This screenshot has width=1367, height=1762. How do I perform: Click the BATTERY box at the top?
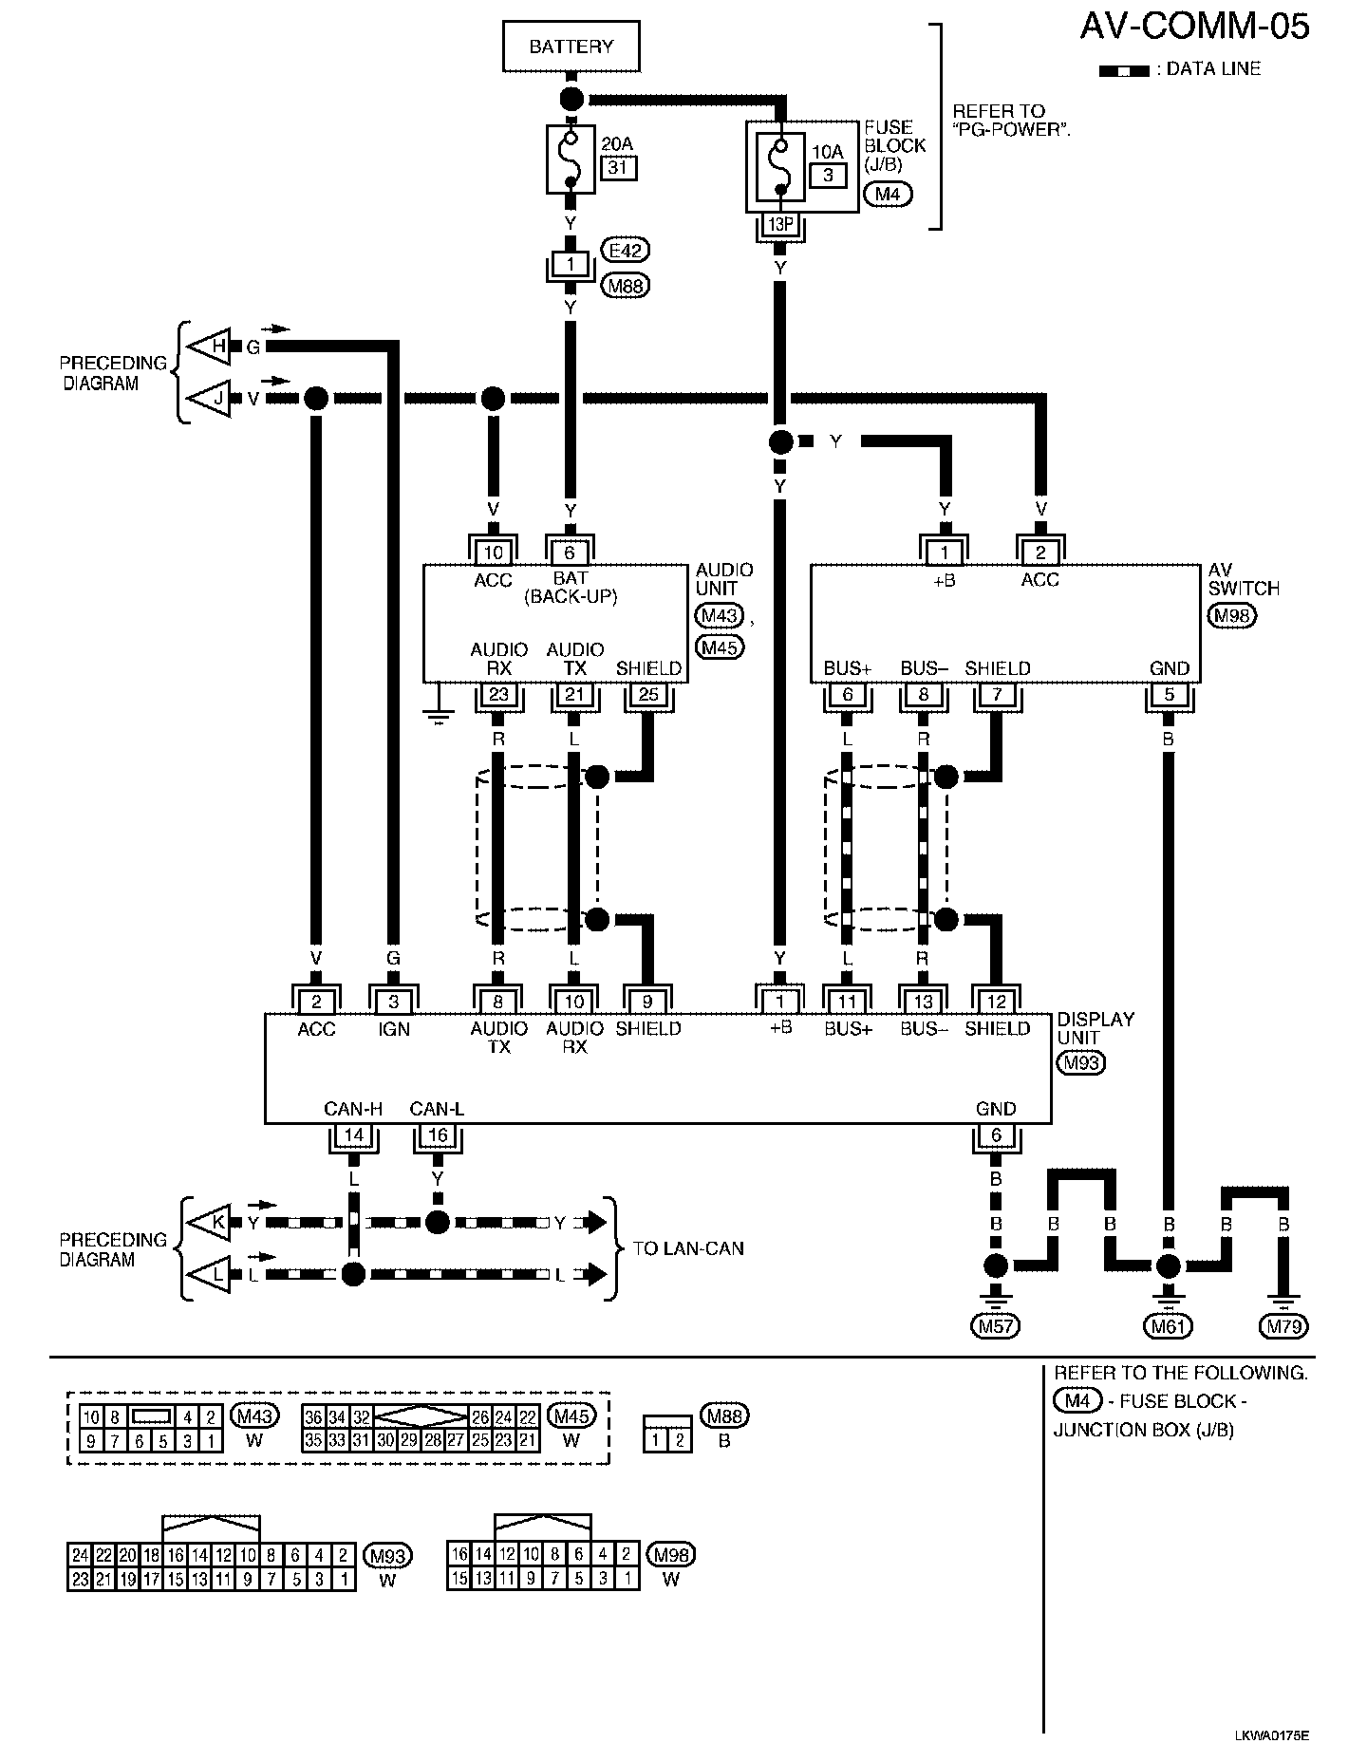571,47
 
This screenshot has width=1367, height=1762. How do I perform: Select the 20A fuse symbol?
571,159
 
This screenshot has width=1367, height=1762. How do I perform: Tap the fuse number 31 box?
619,168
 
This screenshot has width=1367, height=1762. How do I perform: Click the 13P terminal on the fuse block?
779,225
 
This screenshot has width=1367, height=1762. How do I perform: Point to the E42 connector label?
626,251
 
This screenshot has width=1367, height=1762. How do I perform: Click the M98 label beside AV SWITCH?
1232,616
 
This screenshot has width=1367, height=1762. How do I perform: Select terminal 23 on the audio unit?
498,695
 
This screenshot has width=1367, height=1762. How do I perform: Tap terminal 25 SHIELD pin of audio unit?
648,695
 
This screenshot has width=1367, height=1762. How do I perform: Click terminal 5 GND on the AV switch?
1169,695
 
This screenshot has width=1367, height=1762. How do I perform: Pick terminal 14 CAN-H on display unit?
353,1135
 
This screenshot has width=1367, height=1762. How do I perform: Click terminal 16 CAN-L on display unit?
438,1135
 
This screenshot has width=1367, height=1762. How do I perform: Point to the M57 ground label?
996,1326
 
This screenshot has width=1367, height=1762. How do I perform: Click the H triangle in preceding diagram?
213,347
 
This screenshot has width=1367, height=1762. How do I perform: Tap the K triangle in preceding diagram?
213,1223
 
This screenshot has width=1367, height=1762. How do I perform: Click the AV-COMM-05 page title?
1194,27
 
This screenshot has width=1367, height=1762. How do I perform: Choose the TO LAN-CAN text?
688,1248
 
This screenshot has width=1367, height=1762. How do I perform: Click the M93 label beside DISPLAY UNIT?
1081,1062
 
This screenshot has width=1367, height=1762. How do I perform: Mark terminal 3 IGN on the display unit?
394,1002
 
